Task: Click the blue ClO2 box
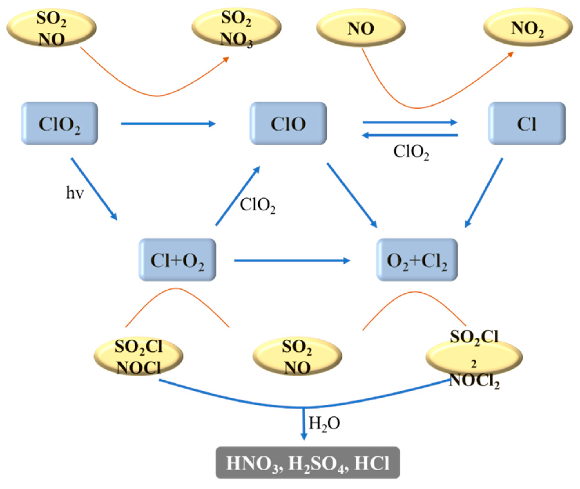point(59,123)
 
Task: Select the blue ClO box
point(288,123)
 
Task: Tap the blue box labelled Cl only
point(527,123)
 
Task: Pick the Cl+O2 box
point(177,260)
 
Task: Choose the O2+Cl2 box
point(417,260)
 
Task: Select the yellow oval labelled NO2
point(528,28)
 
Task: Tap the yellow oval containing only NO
point(361,28)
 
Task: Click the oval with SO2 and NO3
point(236,28)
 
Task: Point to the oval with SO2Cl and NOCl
point(139,356)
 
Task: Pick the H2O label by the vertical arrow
point(324,423)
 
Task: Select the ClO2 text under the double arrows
point(411,152)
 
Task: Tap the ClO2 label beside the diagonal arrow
point(257,205)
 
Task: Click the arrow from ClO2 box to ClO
point(168,124)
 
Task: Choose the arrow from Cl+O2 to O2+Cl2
point(291,260)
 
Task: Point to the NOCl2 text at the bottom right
point(474,380)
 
